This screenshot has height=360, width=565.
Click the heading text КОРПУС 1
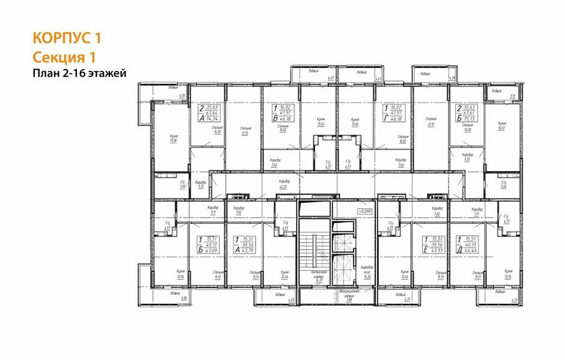click(x=66, y=38)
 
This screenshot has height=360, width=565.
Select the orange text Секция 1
click(x=64, y=56)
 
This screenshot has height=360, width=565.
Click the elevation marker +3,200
click(x=364, y=211)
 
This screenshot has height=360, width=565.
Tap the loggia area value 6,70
click(x=183, y=95)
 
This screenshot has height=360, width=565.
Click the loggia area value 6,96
click(x=184, y=298)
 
